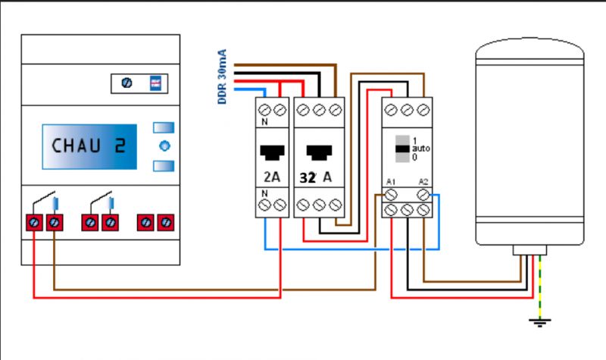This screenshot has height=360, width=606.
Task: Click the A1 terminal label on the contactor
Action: click(x=390, y=182)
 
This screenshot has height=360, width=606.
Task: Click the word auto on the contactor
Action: click(x=420, y=149)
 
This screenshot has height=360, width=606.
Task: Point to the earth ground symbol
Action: click(x=539, y=322)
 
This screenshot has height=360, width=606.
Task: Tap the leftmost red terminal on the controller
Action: click(x=36, y=223)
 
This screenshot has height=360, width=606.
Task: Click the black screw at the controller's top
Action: click(x=127, y=83)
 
